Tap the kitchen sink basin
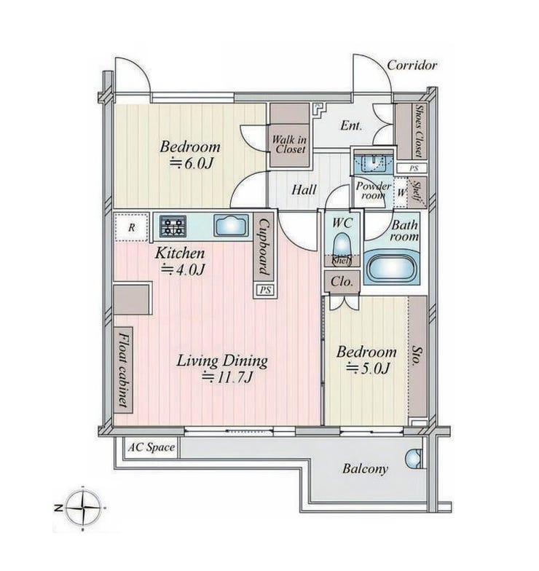232,226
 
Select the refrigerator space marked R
131,227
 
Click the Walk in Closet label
290,144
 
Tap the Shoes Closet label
420,130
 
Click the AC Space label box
152,447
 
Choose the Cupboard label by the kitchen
264,248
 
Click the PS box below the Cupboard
265,290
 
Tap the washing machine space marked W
401,192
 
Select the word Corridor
412,66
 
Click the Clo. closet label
342,281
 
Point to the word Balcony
365,469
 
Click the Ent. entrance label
351,126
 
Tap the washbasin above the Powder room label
374,163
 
